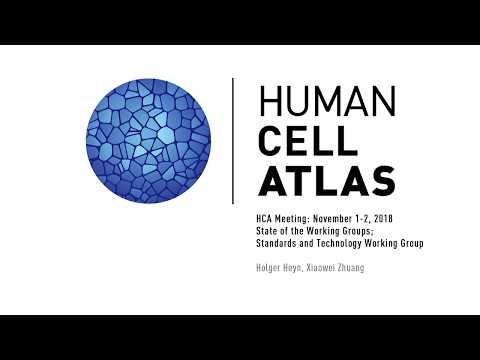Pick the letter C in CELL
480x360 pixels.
pos(271,139)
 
